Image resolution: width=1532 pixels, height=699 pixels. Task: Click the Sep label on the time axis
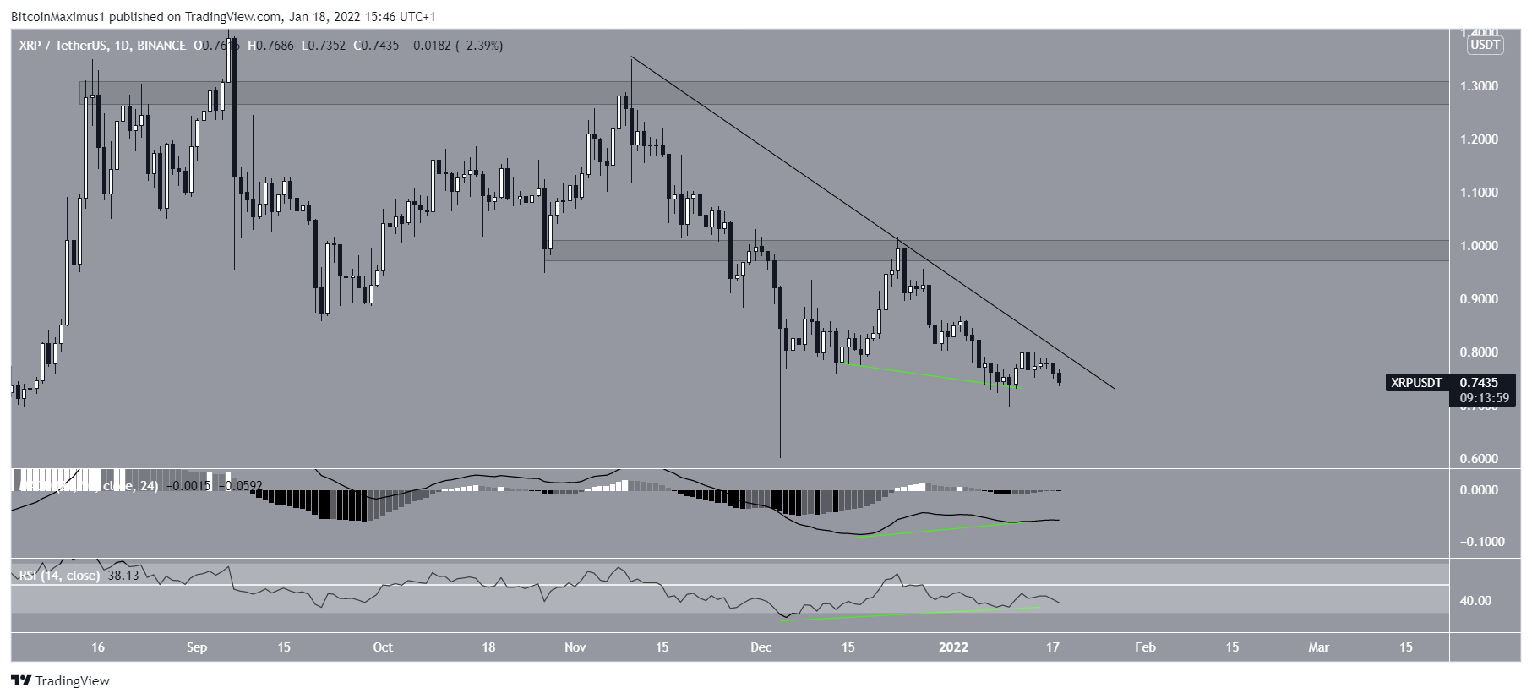click(x=197, y=647)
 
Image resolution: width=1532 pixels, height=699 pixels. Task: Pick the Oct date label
click(x=383, y=647)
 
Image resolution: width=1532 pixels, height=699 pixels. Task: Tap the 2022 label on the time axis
click(x=954, y=647)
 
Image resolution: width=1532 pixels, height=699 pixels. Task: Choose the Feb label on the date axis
click(x=1145, y=647)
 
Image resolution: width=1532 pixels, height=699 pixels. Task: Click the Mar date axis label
click(x=1318, y=647)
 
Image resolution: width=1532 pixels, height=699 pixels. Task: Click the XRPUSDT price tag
click(x=1416, y=383)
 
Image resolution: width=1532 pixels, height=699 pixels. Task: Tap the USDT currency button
click(x=1485, y=46)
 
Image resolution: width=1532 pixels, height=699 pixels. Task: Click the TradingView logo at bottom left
click(x=61, y=681)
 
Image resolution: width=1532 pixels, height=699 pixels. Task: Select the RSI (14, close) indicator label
click(x=59, y=576)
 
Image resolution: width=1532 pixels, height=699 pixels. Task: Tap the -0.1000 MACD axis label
click(x=1481, y=542)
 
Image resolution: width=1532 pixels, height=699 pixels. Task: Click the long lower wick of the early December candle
click(x=780, y=423)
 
